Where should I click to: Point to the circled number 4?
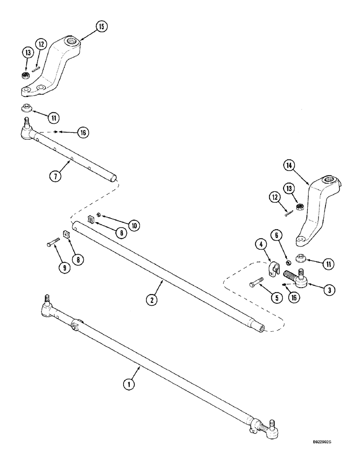[x=259, y=244]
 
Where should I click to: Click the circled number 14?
[x=288, y=165]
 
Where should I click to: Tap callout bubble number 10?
[x=133, y=226]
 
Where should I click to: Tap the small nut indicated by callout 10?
[x=99, y=215]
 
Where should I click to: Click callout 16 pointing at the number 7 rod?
[x=83, y=133]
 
